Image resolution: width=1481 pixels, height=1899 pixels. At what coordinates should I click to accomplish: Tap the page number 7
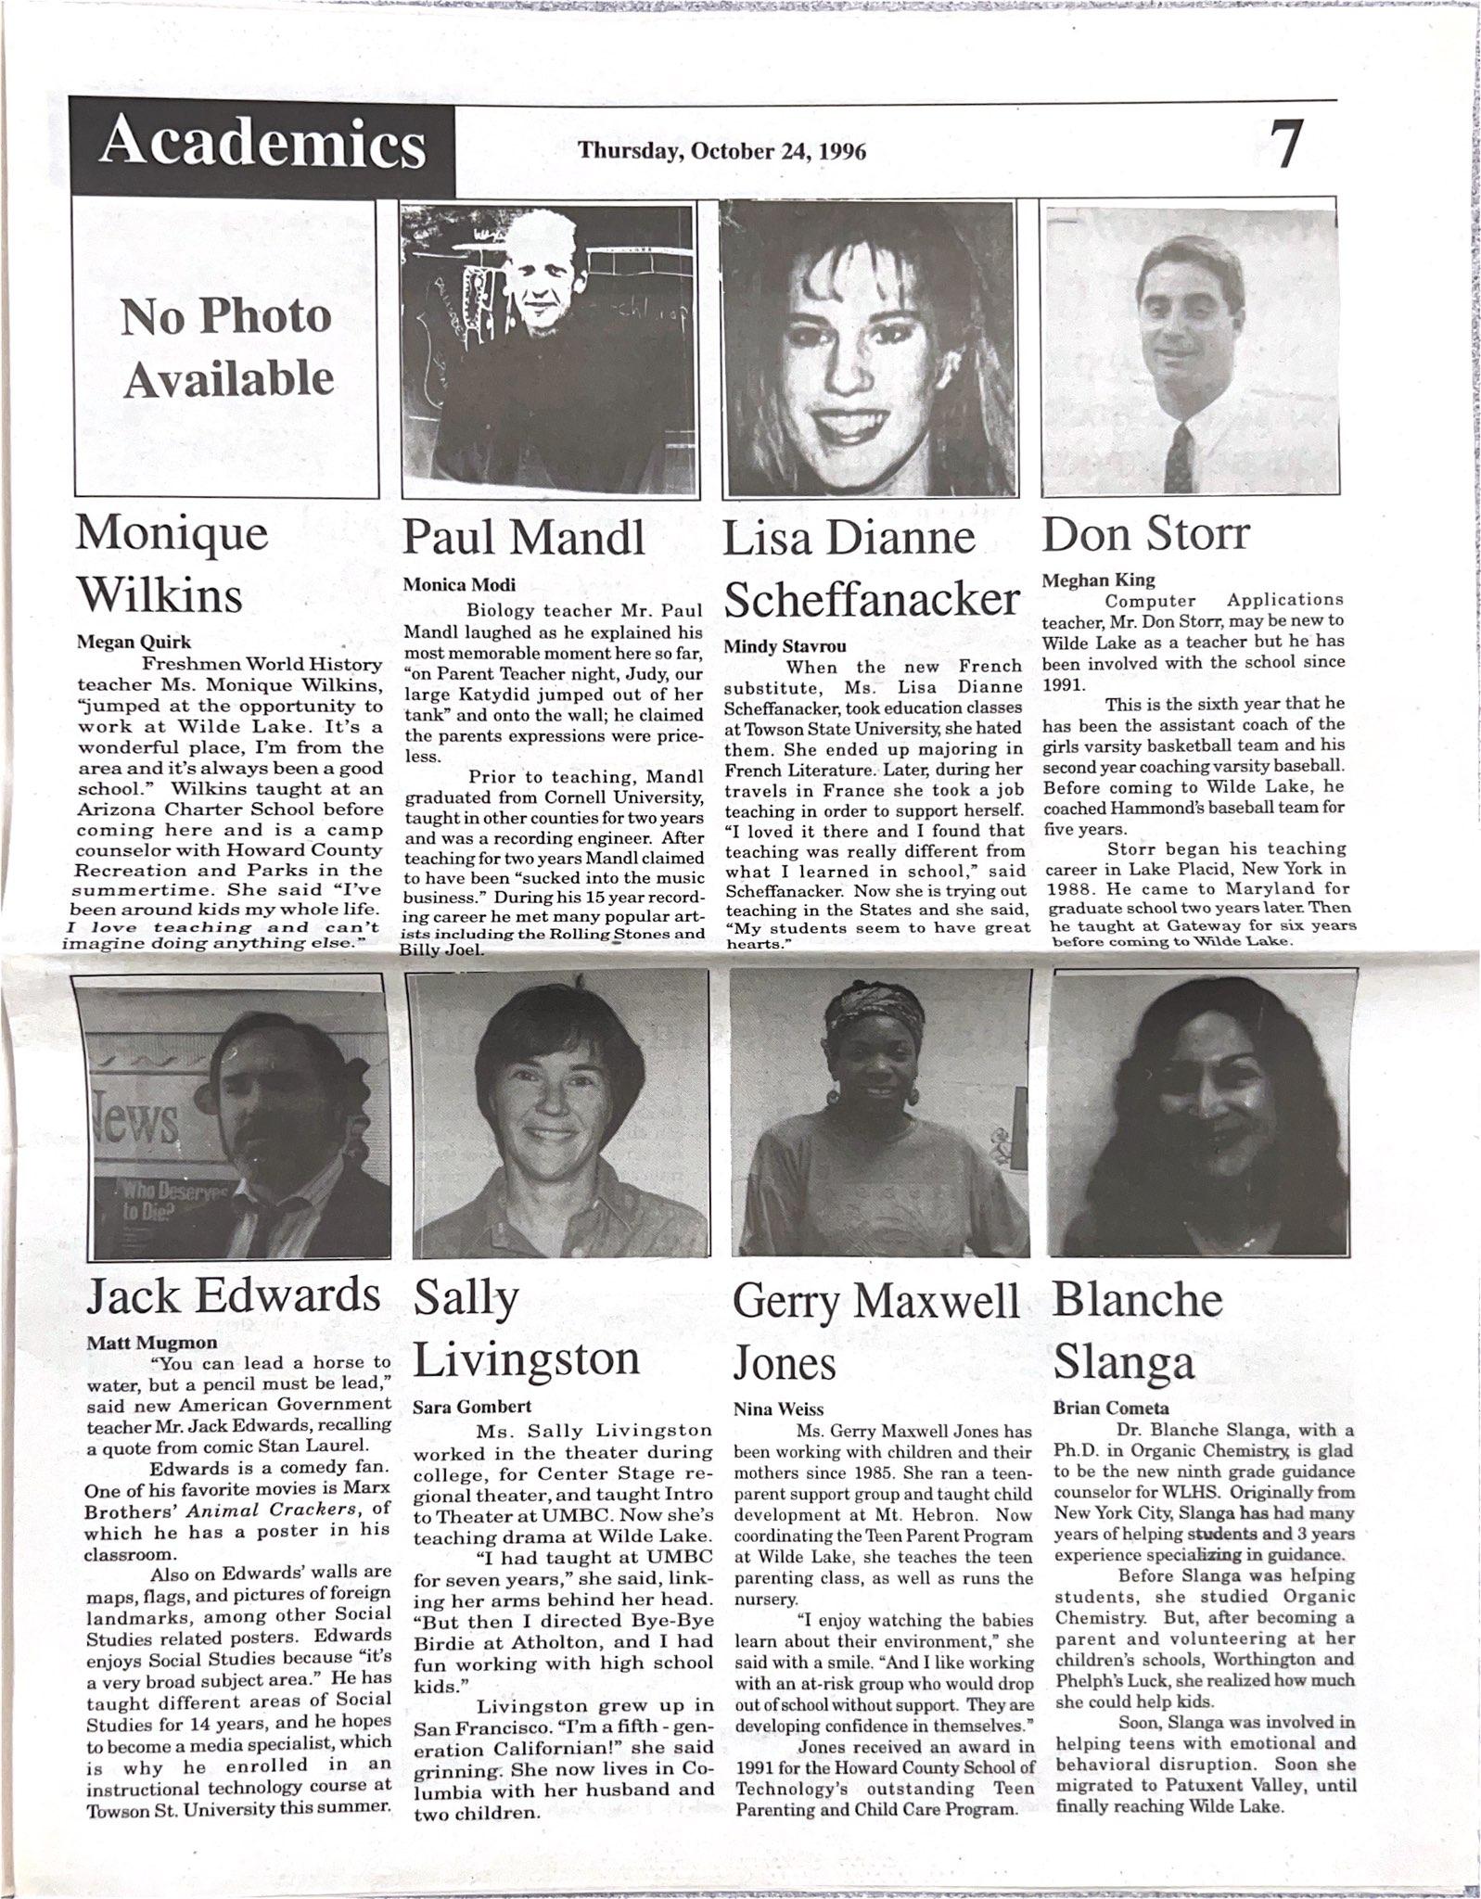[1286, 147]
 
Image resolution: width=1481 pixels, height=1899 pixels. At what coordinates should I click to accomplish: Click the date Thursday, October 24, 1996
[721, 150]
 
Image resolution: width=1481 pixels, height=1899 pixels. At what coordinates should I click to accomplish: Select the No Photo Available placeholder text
[227, 348]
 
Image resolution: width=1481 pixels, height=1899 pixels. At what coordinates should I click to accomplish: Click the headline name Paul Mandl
[524, 538]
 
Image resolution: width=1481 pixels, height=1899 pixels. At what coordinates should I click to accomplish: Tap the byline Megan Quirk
[121, 643]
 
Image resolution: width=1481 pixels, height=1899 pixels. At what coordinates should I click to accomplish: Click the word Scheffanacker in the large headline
[871, 601]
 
